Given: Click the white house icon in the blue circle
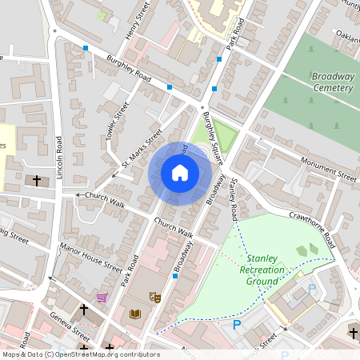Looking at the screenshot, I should point(180,173).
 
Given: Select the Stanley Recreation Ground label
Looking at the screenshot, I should point(266,270).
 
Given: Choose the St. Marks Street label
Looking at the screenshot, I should point(142,149).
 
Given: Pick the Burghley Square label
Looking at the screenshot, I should point(213,141).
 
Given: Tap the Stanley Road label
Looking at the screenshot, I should point(232,200).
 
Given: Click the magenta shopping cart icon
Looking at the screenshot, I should point(102,298).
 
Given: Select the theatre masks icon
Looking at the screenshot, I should point(156,298).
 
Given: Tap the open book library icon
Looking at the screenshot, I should point(135,314).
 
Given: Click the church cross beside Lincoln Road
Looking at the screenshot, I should point(37,181).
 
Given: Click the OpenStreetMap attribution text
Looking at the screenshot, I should point(80,354).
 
